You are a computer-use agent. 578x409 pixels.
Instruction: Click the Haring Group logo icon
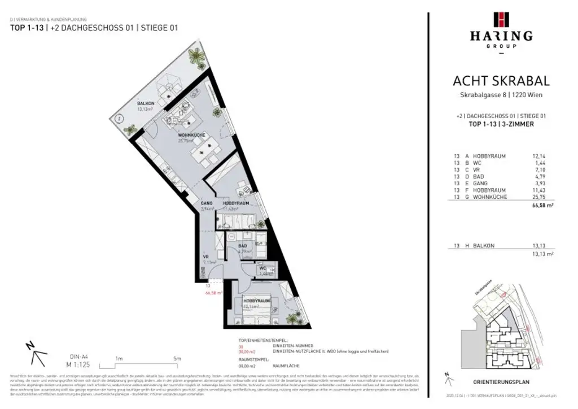point(501,19)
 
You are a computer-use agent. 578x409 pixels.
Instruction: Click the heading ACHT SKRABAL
point(501,81)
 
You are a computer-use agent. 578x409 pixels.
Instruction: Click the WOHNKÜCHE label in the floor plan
point(191,135)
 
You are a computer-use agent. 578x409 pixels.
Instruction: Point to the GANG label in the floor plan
point(207,203)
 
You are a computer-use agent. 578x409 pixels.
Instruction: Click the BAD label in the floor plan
point(242,246)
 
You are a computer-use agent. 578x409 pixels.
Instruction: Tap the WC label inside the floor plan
point(263,269)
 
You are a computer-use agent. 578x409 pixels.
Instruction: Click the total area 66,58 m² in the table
point(542,208)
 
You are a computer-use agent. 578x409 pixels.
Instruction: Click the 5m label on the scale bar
point(177,358)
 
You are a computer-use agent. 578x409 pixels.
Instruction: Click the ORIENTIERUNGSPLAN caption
point(501,381)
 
